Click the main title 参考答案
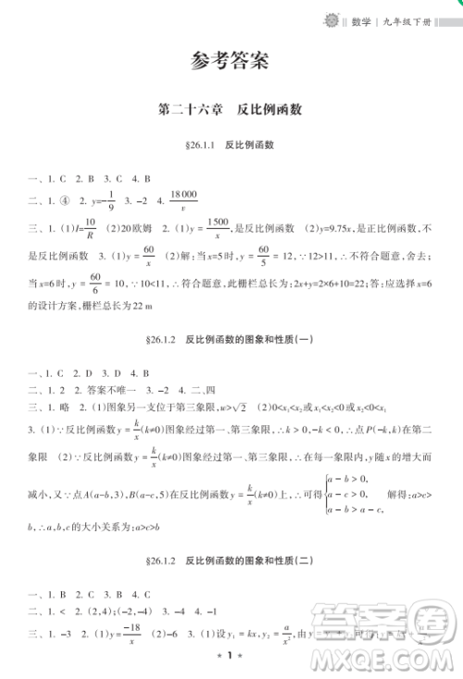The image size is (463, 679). point(231,63)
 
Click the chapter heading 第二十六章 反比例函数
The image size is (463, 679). point(231,108)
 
